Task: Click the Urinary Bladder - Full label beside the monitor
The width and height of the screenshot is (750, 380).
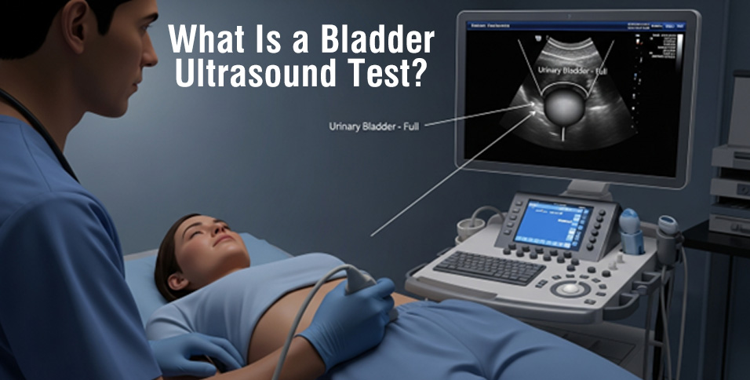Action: point(373,125)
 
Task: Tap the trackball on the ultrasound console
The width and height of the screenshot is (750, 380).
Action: point(571,289)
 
